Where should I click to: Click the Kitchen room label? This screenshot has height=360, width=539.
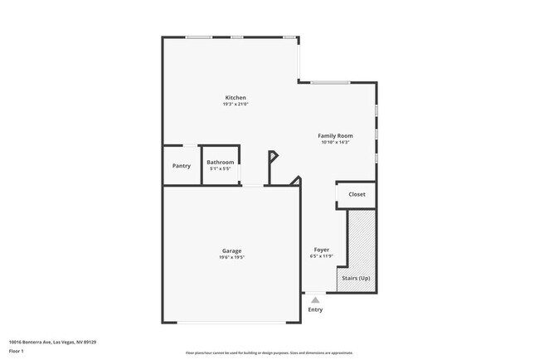tap(236, 98)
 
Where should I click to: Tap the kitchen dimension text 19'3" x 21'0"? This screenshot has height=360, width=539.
tap(236, 105)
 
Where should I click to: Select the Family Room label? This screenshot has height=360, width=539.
tap(336, 135)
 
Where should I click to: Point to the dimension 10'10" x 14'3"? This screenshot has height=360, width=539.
tap(336, 142)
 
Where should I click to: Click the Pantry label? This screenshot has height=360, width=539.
tap(182, 166)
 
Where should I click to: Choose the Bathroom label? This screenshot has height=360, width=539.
tap(221, 162)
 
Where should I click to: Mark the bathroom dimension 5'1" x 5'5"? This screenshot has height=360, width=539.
tap(221, 168)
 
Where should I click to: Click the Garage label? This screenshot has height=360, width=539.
tap(231, 251)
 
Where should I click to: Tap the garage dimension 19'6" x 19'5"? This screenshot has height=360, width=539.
tap(231, 257)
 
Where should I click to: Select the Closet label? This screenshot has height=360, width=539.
tap(357, 194)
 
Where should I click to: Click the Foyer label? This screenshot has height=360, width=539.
tap(322, 250)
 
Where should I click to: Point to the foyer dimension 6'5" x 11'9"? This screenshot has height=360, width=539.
tap(322, 256)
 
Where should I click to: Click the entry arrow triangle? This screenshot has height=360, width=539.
tap(315, 300)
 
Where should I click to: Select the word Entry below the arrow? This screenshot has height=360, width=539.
tap(315, 309)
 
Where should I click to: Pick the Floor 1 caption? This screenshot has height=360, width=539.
tap(17, 351)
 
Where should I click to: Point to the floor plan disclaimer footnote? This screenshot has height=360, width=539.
tap(269, 352)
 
